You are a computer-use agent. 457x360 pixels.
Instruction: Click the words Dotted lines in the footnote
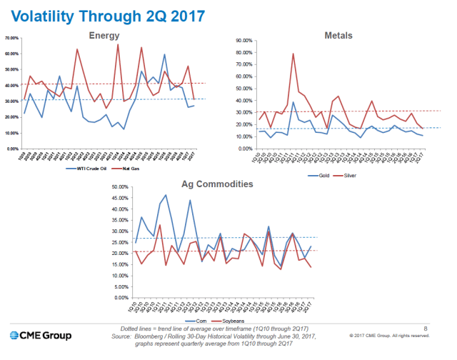tap(135, 327)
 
